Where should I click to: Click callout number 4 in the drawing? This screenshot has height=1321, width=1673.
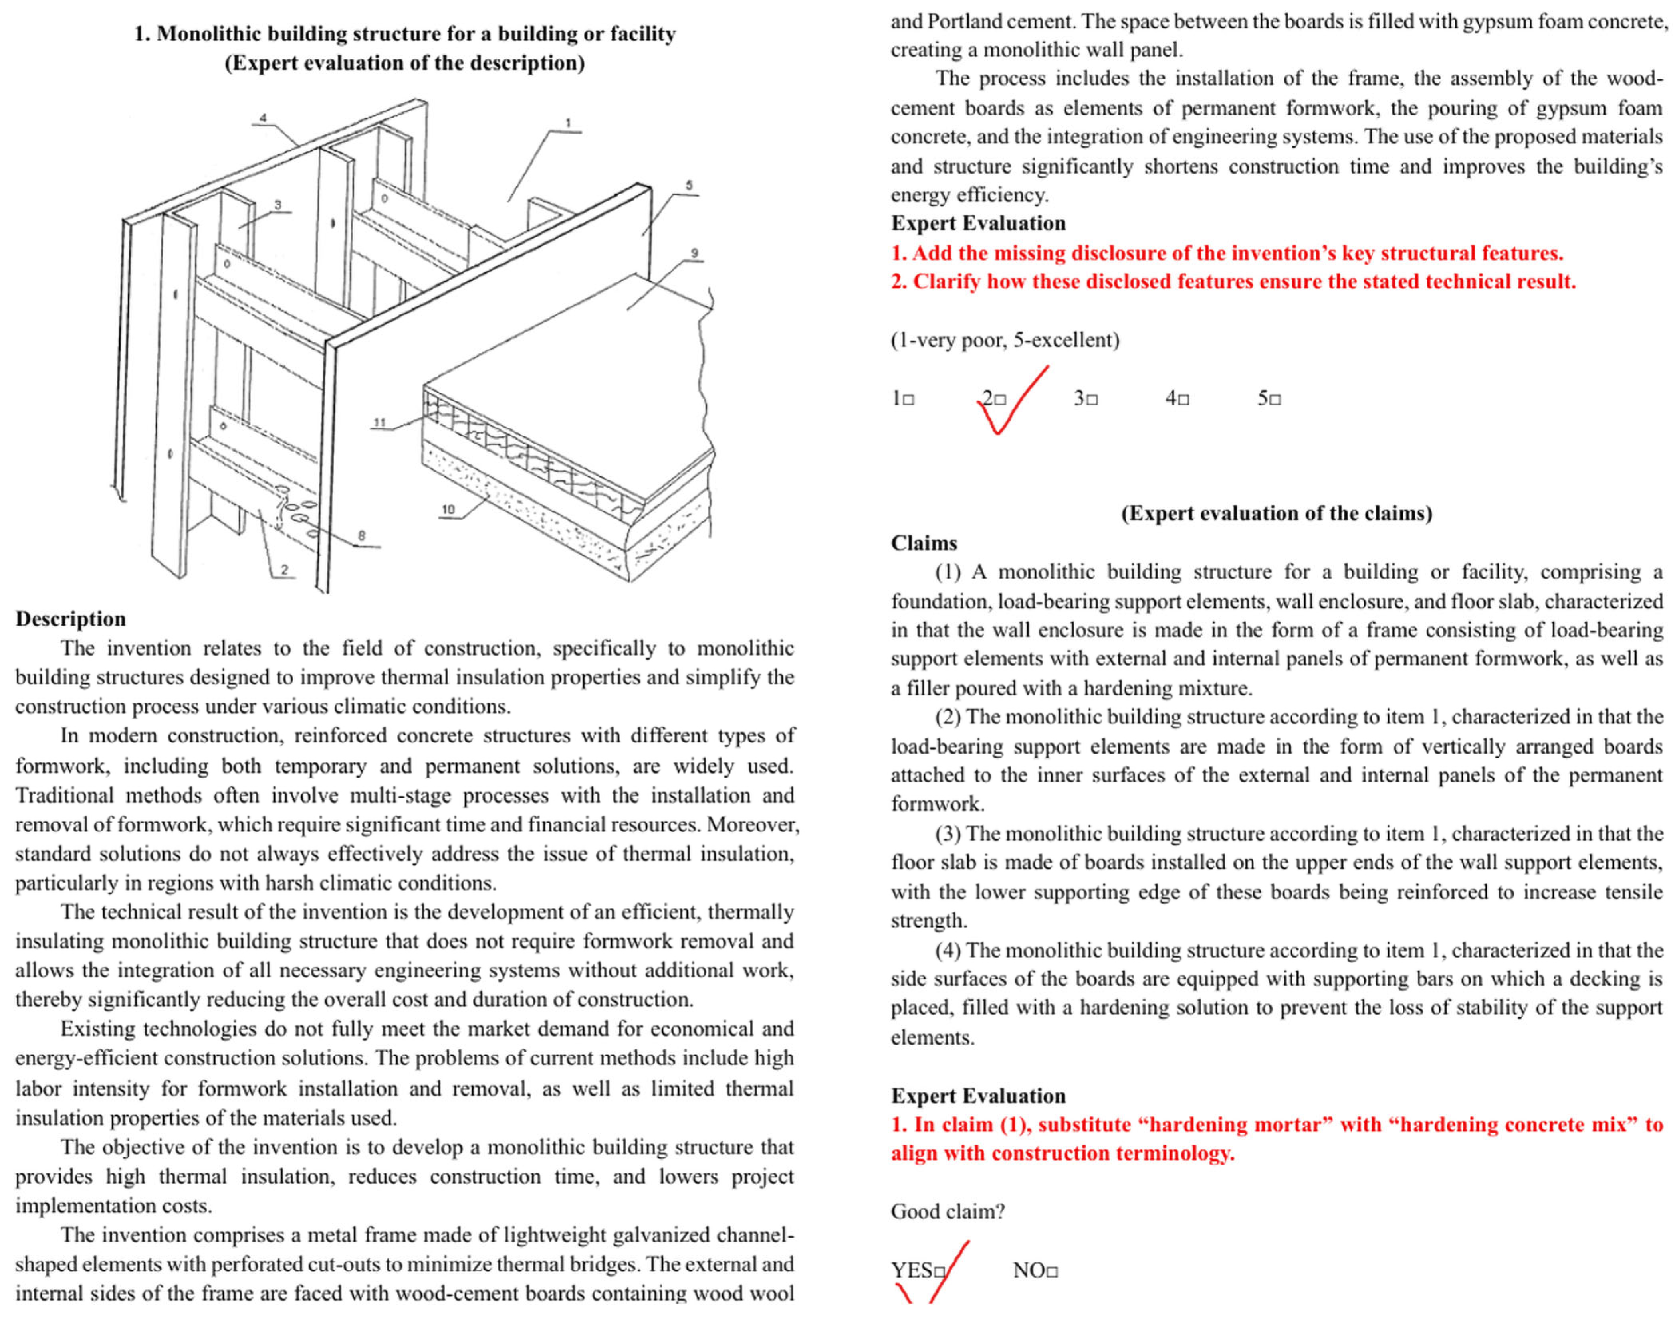click(263, 118)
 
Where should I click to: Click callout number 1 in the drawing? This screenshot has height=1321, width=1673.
click(568, 123)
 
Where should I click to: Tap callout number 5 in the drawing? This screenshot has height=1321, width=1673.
click(689, 186)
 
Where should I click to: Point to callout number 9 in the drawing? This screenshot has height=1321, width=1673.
click(694, 253)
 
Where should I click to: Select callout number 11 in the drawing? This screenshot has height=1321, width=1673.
click(379, 422)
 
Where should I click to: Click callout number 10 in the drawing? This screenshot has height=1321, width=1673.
click(448, 509)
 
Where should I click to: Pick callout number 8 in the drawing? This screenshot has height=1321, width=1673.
click(361, 535)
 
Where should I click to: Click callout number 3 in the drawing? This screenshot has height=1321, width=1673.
click(278, 205)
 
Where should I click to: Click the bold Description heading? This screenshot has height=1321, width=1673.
click(70, 619)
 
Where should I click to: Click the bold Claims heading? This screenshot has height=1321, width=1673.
click(924, 543)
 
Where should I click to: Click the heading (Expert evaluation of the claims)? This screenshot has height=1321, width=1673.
click(1276, 513)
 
